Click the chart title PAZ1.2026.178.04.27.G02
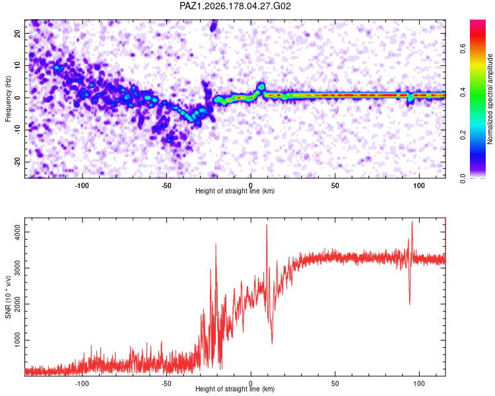[x=235, y=6]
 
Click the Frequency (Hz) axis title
[x=8, y=99]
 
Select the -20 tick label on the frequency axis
[x=17, y=162]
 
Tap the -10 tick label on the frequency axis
[x=17, y=130]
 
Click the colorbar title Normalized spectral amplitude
[x=490, y=99]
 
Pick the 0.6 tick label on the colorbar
[x=463, y=49]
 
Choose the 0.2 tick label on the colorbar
[x=463, y=135]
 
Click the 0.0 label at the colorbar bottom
[x=463, y=178]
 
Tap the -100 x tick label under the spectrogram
[x=82, y=185]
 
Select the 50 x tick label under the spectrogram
[x=335, y=185]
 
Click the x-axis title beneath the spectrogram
[x=235, y=191]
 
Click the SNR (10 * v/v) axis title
[x=8, y=297]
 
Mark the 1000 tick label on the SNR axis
[x=17, y=340]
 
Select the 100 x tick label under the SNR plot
[x=419, y=383]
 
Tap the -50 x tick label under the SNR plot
[x=166, y=383]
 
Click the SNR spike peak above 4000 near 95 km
[x=412, y=222]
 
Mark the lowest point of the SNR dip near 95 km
[x=410, y=304]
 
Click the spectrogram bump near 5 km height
[x=261, y=86]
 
